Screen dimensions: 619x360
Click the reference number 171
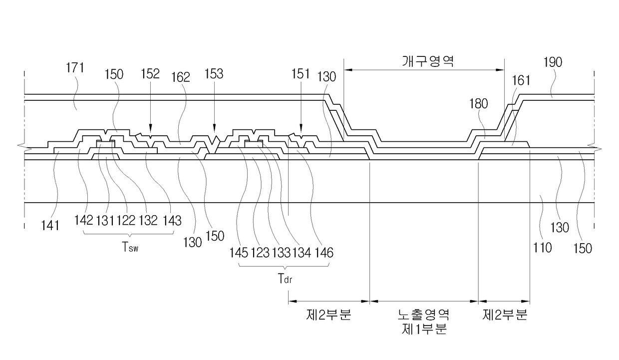pyautogui.click(x=75, y=68)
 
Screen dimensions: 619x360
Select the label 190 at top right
pyautogui.click(x=553, y=62)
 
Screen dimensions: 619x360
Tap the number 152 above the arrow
pyautogui.click(x=150, y=74)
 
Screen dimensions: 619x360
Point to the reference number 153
pyautogui.click(x=214, y=74)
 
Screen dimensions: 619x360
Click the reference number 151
pyautogui.click(x=301, y=74)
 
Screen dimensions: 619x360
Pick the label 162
pyautogui.click(x=181, y=77)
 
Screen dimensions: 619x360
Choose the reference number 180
pyautogui.click(x=479, y=104)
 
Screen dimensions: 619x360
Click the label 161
pyautogui.click(x=521, y=81)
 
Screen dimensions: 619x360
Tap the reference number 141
pyautogui.click(x=50, y=226)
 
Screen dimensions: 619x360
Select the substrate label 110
pyautogui.click(x=543, y=248)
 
